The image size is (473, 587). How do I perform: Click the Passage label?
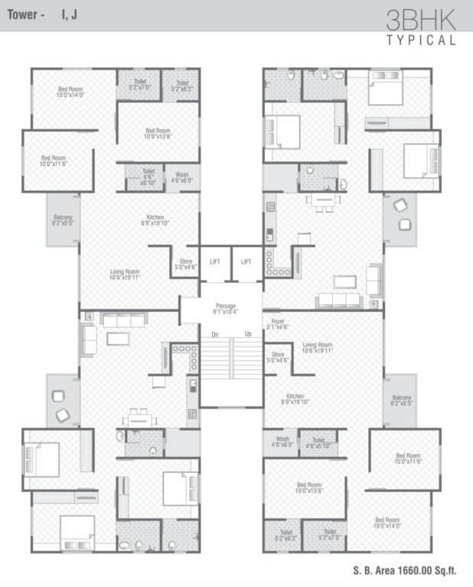coord(225,306)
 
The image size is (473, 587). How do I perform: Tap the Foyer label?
coord(277,321)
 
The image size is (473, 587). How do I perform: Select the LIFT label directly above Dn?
coord(214,262)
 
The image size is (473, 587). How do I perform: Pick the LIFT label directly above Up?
coord(246,262)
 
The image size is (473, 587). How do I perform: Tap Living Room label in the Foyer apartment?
coord(317,345)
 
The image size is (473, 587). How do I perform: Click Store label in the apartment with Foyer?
coord(278,354)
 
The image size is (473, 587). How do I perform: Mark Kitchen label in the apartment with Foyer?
coord(295,396)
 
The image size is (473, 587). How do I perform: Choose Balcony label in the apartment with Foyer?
coord(402,397)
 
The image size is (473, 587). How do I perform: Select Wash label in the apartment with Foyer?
coord(282,439)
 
